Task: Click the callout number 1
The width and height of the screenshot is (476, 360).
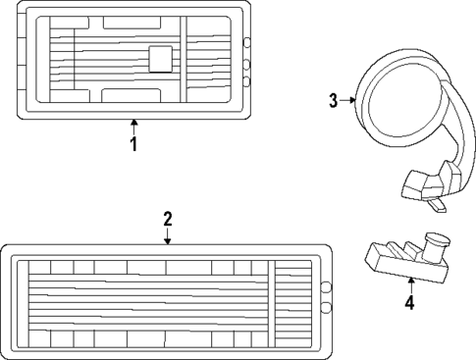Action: pos(133,144)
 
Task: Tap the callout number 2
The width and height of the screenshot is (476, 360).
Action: pos(168,218)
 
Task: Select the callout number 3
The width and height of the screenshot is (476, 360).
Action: pos(334,99)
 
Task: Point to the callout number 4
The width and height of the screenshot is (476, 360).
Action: pos(409,302)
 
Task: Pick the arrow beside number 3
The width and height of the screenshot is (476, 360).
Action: pos(348,99)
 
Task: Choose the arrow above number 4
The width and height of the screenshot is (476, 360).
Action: pos(409,282)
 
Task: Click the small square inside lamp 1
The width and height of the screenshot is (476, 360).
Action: pos(159,59)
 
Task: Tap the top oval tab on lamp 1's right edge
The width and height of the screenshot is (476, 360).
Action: pos(246,42)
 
